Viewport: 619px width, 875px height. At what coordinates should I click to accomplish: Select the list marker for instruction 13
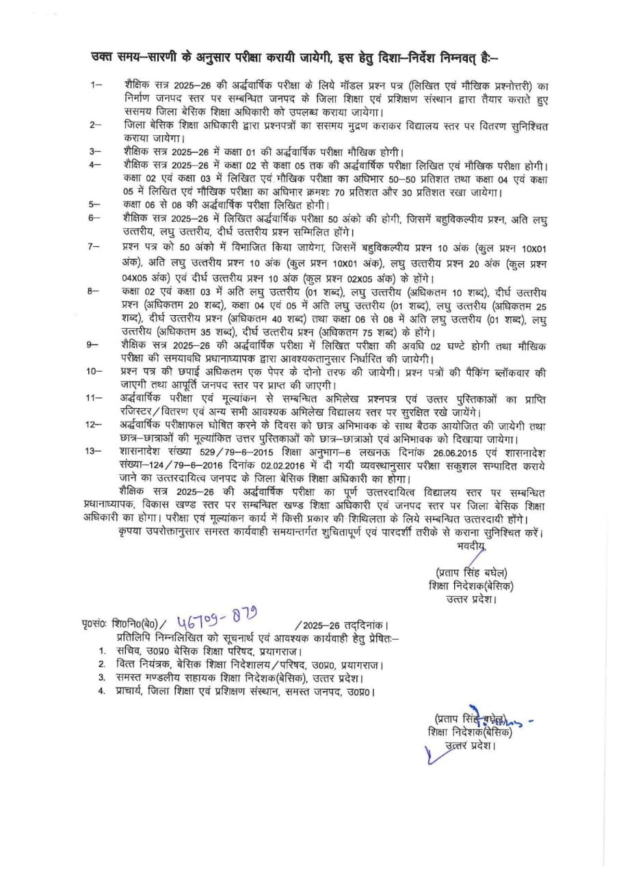pos(97,452)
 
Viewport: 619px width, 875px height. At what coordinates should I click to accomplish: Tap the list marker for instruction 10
pos(96,370)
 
